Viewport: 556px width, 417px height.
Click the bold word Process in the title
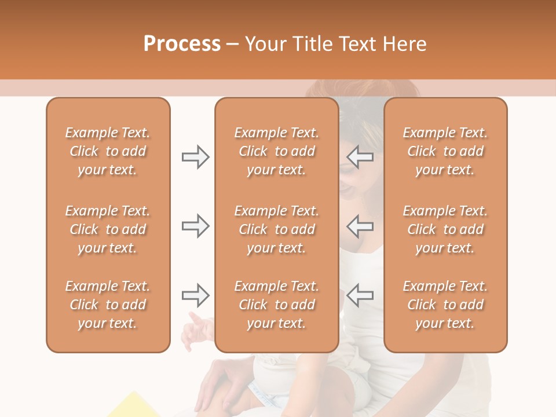pos(182,44)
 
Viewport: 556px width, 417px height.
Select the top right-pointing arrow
pos(195,157)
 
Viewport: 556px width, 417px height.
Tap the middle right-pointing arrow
pos(195,226)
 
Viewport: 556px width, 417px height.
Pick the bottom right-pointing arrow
pos(195,295)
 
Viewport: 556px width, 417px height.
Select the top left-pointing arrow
pos(360,157)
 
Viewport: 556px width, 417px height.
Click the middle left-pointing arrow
pos(360,226)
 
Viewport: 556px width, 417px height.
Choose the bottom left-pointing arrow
pos(360,295)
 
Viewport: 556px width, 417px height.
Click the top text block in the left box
pos(108,151)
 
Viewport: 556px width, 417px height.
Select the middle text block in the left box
pos(108,229)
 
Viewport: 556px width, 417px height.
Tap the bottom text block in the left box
pos(108,305)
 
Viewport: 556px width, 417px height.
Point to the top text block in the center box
pos(277,151)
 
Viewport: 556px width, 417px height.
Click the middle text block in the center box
pos(277,229)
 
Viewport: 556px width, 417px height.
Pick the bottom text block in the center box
pos(277,305)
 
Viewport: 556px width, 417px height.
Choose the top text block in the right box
pos(445,151)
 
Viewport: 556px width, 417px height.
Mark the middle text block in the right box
pos(445,229)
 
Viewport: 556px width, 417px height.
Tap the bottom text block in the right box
pos(445,305)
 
